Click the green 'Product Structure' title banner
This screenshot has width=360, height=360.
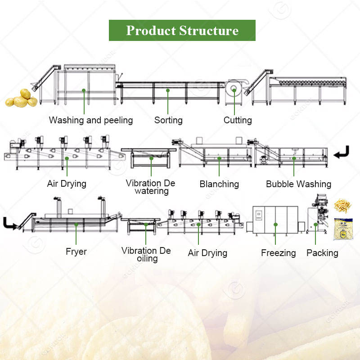(x=182, y=30)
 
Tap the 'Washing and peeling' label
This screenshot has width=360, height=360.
(x=91, y=120)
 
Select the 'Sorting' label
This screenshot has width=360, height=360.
(x=168, y=120)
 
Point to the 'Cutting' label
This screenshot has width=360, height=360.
(x=238, y=120)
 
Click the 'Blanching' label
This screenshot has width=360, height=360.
(x=219, y=184)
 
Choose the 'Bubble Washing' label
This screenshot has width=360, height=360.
(x=298, y=184)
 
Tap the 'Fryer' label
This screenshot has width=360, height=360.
(x=76, y=252)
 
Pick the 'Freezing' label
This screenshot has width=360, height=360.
(x=278, y=253)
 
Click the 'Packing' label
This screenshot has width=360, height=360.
(x=322, y=253)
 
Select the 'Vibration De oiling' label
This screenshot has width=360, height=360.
(x=146, y=255)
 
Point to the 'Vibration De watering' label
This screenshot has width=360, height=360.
(x=150, y=187)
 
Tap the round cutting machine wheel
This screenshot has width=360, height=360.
(x=234, y=90)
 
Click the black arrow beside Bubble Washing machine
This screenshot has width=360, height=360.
(x=341, y=153)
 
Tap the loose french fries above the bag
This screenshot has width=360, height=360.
(x=342, y=206)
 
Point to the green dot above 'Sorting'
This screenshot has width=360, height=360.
(x=168, y=90)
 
